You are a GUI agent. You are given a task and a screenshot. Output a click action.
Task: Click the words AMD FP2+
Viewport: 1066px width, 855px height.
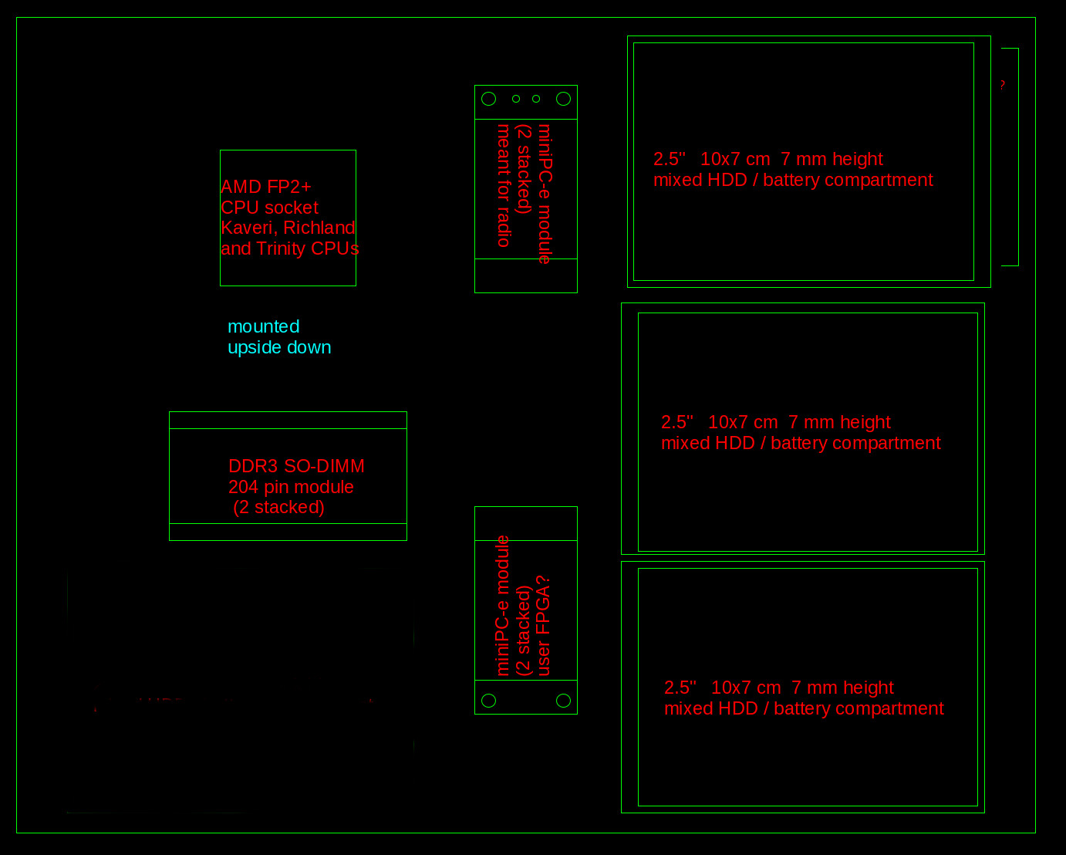pyautogui.click(x=266, y=187)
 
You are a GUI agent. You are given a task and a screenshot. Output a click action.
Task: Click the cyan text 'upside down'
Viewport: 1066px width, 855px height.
pyautogui.click(x=279, y=347)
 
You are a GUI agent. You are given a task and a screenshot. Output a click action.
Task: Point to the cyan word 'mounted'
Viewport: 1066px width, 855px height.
pyautogui.click(x=264, y=326)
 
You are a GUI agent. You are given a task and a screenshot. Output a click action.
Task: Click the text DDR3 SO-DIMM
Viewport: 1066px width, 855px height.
pyautogui.click(x=296, y=466)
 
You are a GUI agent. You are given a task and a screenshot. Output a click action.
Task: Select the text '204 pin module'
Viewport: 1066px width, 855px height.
pyautogui.click(x=291, y=487)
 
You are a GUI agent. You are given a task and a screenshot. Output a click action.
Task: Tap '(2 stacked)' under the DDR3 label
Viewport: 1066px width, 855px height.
pyautogui.click(x=279, y=508)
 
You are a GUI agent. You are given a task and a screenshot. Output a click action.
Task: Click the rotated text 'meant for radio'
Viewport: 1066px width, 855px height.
pyautogui.click(x=503, y=185)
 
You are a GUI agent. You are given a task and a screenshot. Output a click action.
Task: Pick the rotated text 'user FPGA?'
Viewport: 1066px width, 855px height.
pyautogui.click(x=543, y=626)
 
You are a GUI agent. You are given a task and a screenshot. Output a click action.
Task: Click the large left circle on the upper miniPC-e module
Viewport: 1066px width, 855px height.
pyautogui.click(x=488, y=99)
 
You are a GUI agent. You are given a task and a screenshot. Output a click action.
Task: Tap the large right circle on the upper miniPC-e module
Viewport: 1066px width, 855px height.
pyautogui.click(x=563, y=99)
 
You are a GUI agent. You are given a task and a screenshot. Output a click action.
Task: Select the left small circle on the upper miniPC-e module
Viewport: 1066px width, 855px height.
pyautogui.click(x=516, y=99)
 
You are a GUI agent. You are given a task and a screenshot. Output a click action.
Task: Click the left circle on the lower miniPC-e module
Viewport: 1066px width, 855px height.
pyautogui.click(x=488, y=701)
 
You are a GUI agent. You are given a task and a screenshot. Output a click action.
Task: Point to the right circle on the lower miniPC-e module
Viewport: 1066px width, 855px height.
pyautogui.click(x=563, y=701)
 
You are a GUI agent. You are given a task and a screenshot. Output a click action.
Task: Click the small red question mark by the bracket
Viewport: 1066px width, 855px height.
pyautogui.click(x=1003, y=85)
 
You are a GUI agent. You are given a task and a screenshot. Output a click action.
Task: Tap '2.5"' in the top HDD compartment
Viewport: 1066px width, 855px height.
pyautogui.click(x=670, y=159)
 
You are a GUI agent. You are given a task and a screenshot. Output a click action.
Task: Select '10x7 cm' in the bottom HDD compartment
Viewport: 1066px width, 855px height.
pyautogui.click(x=746, y=688)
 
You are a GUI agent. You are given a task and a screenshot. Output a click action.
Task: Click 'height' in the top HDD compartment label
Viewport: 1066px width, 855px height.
pyautogui.click(x=858, y=159)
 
